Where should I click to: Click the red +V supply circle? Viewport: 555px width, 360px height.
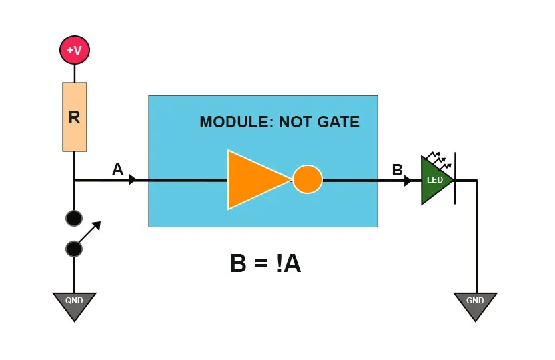pyautogui.click(x=75, y=50)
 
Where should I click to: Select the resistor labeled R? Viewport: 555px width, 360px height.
pyautogui.click(x=75, y=117)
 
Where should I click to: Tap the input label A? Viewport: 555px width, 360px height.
pyautogui.click(x=117, y=169)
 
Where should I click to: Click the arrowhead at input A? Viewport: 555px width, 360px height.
pyautogui.click(x=133, y=180)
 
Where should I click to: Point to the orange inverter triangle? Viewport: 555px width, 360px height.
pyautogui.click(x=253, y=180)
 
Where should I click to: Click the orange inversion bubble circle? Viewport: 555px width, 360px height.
pyautogui.click(x=308, y=180)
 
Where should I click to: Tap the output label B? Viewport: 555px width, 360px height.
pyautogui.click(x=397, y=170)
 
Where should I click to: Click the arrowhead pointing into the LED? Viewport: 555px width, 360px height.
pyautogui.click(x=408, y=180)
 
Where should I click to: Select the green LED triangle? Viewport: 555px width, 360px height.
pyautogui.click(x=435, y=180)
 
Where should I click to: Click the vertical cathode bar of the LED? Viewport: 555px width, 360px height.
pyautogui.click(x=455, y=179)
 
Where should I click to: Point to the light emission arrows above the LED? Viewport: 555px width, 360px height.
pyautogui.click(x=438, y=158)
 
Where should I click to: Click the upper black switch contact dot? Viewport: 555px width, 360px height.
pyautogui.click(x=74, y=218)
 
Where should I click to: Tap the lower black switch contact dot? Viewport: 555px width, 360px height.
pyautogui.click(x=74, y=249)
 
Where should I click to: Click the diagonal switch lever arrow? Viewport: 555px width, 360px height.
pyautogui.click(x=90, y=232)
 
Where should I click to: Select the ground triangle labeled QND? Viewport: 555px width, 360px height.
pyautogui.click(x=74, y=304)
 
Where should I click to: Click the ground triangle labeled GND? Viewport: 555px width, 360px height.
pyautogui.click(x=475, y=304)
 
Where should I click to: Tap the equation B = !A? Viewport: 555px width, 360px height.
pyautogui.click(x=265, y=264)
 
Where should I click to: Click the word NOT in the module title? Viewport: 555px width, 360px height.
pyautogui.click(x=293, y=122)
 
